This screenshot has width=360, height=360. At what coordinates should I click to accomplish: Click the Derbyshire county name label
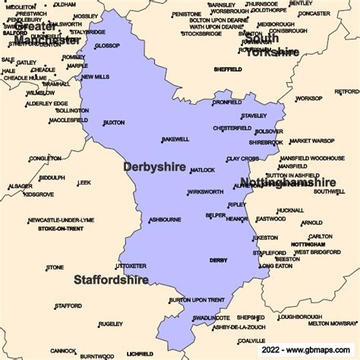[x=154, y=166]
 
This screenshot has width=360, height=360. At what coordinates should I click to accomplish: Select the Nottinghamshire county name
[x=288, y=182]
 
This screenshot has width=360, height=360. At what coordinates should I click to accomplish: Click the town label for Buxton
[x=113, y=122]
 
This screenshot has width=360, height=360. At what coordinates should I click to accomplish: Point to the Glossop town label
[x=107, y=46]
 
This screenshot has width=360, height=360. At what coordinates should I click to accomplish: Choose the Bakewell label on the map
[x=175, y=140]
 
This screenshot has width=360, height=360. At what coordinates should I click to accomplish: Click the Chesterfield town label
[x=232, y=128]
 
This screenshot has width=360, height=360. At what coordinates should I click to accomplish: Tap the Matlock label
[x=203, y=170]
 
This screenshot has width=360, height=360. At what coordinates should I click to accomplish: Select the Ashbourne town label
[x=165, y=219]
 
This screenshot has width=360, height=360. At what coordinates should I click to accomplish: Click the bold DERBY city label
[x=218, y=261]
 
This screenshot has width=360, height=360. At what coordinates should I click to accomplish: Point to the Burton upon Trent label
[x=197, y=300]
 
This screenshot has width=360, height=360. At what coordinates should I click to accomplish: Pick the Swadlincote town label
[x=210, y=318]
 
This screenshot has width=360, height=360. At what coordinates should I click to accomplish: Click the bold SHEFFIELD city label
[x=227, y=69]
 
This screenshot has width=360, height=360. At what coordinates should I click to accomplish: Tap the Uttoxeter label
[x=130, y=267]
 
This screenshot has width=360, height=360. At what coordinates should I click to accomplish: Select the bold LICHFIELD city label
[x=140, y=353]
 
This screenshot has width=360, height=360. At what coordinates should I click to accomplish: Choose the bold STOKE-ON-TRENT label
[x=61, y=229]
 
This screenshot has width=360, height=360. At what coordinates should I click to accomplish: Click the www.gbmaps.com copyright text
[x=310, y=352]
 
